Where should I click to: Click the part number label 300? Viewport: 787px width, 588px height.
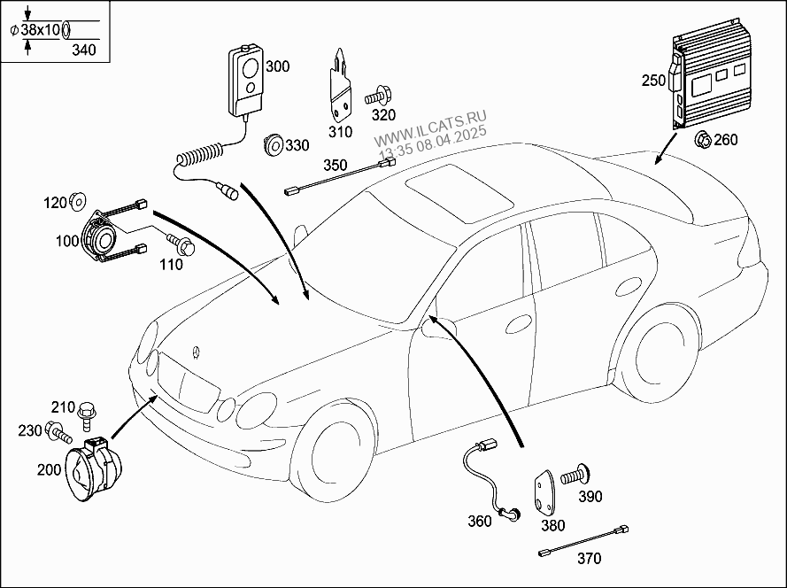pos(277,66)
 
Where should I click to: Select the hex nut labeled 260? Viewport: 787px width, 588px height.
pos(703,139)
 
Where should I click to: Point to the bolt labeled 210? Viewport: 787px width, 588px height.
pos(86,412)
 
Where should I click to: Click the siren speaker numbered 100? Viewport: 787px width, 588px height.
pos(101,239)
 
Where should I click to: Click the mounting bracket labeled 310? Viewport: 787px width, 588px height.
pos(339,86)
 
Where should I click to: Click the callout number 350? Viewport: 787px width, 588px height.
pos(335,165)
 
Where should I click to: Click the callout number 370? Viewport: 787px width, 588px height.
pos(589,559)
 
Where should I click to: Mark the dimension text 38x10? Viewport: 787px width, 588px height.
pos(41,29)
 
